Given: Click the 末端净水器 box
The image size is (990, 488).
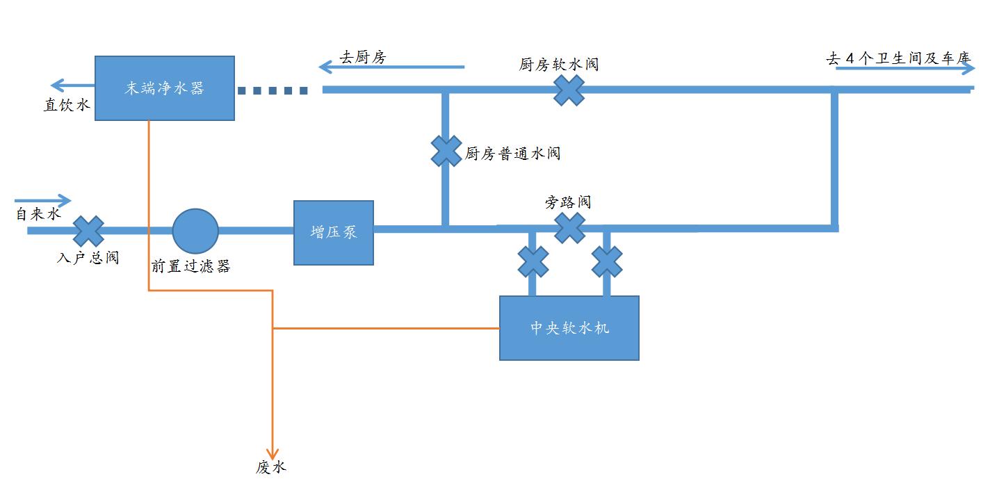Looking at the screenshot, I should pos(164,88).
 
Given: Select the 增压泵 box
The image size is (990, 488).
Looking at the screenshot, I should pos(334,233).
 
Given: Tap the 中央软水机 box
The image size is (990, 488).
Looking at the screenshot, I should pos(569,327).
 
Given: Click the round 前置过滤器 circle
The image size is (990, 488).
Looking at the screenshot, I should pos(195,231).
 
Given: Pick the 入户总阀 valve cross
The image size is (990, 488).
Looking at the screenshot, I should pos(88,231).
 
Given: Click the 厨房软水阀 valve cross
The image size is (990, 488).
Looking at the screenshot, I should pos(569,90).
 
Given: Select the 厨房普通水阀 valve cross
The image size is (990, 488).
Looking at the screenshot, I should pos(446,151).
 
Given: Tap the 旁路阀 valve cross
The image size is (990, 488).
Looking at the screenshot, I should pos(569,228).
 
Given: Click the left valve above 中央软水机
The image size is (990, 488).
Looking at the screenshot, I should pos(533,262).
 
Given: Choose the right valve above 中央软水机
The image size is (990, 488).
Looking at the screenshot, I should pos(606,262).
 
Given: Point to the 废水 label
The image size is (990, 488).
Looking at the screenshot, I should pos(271,468).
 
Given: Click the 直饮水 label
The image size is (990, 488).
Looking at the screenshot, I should pos(67,105).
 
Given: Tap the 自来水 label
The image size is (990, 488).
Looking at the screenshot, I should pos(39,214).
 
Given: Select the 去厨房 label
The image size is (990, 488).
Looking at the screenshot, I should pos(362,58).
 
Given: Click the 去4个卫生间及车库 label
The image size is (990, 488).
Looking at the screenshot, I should pos(898,58).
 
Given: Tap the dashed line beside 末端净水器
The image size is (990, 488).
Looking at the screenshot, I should pos(273,90).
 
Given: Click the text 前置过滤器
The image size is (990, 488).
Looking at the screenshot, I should pos(191,266).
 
